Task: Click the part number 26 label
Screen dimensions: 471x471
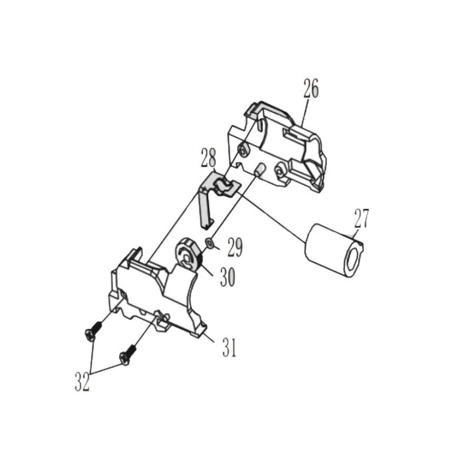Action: (311, 88)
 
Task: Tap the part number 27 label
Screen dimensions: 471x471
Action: (361, 218)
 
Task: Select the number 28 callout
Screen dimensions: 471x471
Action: (208, 157)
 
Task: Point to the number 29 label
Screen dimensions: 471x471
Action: (235, 247)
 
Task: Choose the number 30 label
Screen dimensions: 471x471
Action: (227, 277)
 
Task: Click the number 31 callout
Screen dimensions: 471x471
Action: (230, 347)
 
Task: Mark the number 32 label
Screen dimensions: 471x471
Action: (82, 382)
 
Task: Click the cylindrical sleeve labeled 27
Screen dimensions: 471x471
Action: (334, 251)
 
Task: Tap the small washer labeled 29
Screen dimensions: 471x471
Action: (209, 242)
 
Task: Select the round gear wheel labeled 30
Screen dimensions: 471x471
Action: (188, 253)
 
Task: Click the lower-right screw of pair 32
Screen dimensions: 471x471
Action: (128, 355)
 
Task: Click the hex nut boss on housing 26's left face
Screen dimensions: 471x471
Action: (242, 150)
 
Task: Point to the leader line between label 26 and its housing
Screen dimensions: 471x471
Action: (305, 112)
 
